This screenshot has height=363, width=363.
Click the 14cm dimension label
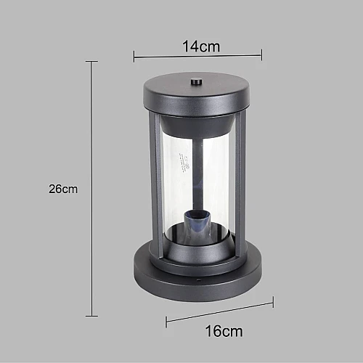(201, 46)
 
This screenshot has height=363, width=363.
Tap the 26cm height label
(63, 189)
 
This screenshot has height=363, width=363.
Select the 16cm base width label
(224, 331)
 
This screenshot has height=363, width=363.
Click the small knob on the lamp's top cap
(196, 81)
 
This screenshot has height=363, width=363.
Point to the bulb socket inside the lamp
(196, 223)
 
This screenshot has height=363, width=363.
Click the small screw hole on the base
(198, 280)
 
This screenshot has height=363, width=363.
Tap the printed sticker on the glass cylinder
(183, 163)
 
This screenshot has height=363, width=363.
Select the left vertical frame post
(154, 184)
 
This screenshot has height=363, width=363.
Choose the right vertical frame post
(240, 183)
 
